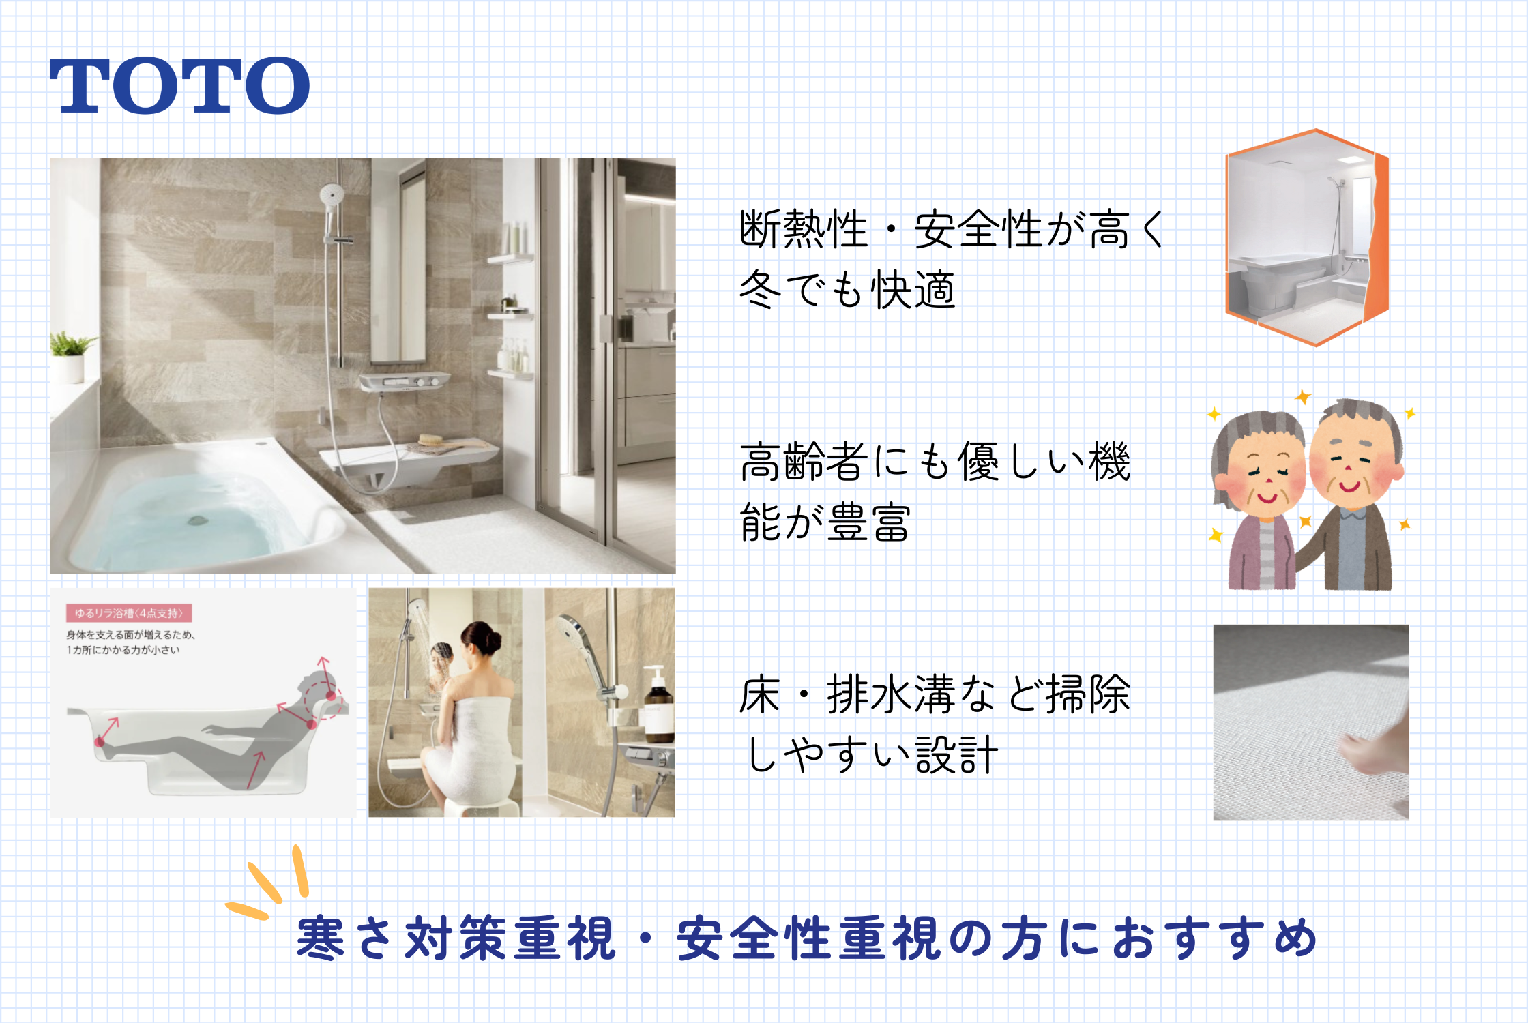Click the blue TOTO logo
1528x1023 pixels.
(179, 85)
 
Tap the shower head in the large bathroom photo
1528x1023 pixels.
(332, 194)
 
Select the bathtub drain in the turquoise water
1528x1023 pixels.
(197, 520)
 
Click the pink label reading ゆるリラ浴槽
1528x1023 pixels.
(129, 612)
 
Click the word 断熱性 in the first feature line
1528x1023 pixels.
(804, 229)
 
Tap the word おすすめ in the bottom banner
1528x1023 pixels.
(1214, 938)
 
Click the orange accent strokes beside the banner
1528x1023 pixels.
(269, 883)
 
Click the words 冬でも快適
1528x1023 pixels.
(847, 290)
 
